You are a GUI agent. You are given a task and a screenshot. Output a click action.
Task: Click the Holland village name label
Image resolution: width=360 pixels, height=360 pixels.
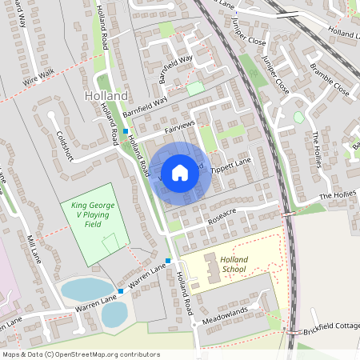click(106, 96)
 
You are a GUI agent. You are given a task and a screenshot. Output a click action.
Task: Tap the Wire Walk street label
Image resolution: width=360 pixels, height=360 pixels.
click(38, 77)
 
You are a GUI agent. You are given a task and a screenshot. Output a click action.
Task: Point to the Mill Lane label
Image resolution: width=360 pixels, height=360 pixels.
click(34, 249)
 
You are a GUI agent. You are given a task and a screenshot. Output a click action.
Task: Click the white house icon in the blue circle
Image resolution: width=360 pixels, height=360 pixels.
click(180, 172)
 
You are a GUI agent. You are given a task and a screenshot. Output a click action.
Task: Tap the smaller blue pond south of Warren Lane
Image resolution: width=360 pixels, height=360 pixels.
click(114, 314)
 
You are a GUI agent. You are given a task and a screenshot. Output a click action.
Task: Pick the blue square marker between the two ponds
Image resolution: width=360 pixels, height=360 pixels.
click(121, 291)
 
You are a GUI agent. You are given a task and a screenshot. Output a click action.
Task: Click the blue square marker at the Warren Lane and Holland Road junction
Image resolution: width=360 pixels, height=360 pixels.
click(168, 261)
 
